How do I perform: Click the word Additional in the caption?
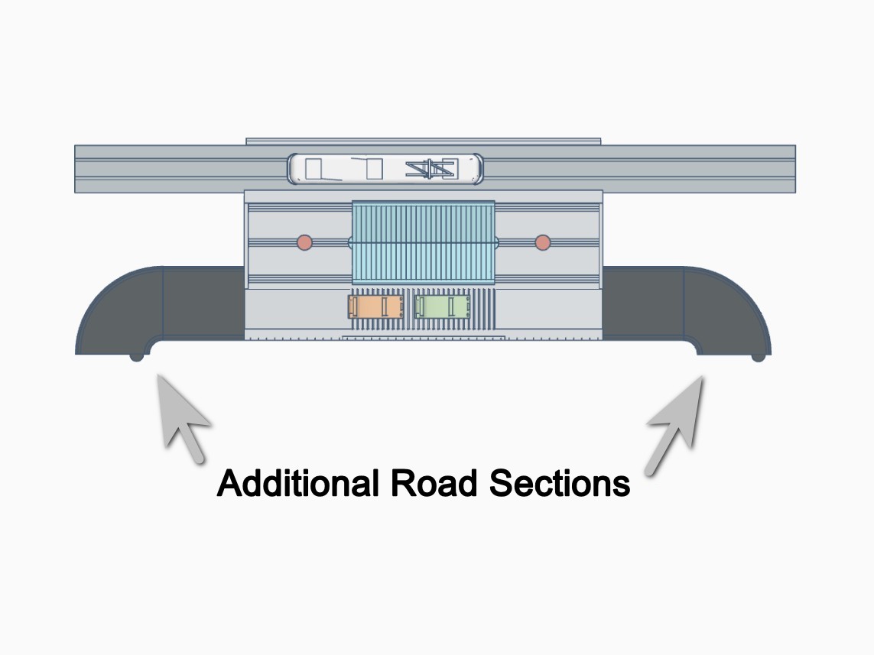(x=297, y=483)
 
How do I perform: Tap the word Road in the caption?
(x=434, y=483)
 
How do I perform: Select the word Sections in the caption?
(x=560, y=483)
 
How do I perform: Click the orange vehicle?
(x=375, y=306)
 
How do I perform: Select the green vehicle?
(x=443, y=306)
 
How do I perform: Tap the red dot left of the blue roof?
(x=304, y=243)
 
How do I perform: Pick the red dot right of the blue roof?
(x=543, y=243)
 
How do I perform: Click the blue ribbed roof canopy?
(x=424, y=242)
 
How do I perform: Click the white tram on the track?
(x=385, y=169)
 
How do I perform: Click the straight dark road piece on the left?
(x=203, y=303)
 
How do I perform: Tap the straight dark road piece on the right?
(x=643, y=303)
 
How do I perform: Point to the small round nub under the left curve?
(x=137, y=357)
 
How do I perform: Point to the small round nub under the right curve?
(x=758, y=357)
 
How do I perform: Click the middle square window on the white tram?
(x=374, y=170)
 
